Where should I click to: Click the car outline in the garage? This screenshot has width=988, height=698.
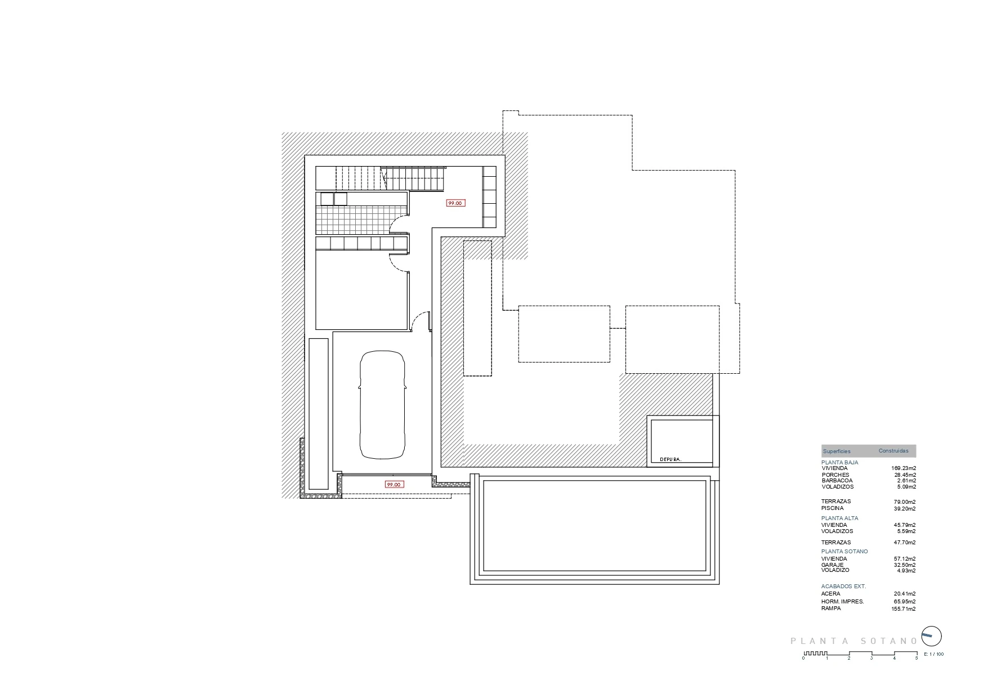(382, 404)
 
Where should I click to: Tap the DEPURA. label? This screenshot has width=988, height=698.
(670, 459)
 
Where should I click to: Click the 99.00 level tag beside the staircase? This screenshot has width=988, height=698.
(455, 203)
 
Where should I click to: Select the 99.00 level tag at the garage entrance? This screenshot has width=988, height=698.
(394, 484)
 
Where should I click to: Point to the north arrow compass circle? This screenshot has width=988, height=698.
(931, 637)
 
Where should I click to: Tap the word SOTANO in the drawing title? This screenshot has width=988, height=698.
(889, 641)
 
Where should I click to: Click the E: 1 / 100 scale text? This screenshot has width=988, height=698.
(934, 654)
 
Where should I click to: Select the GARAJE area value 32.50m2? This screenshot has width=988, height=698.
(905, 565)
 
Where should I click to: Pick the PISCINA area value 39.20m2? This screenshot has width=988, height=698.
(905, 508)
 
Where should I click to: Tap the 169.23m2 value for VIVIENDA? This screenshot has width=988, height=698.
(904, 468)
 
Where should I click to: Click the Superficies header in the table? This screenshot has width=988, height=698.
(837, 451)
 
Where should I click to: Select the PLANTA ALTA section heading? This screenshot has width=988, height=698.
(839, 518)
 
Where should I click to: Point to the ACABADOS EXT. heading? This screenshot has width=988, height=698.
(843, 587)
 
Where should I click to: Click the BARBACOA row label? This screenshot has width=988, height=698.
(837, 481)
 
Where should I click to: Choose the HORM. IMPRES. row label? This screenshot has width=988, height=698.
(842, 602)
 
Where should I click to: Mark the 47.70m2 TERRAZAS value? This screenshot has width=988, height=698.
(905, 543)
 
